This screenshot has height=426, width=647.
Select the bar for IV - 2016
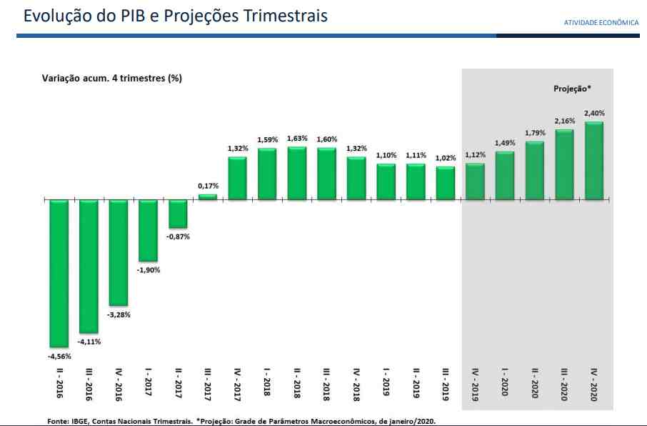point(118,252)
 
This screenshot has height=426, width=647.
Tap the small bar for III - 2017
point(207,196)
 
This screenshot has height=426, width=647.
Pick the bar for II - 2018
point(296,173)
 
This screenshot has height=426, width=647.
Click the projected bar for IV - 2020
point(593,161)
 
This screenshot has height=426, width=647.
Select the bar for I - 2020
point(504,175)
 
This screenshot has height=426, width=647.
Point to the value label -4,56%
point(59,355)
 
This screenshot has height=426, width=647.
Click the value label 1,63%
point(296,139)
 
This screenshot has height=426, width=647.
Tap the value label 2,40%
point(594,114)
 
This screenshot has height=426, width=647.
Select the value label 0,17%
point(208,186)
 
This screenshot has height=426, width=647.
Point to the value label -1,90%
point(149,270)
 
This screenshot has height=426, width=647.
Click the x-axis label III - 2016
point(89,383)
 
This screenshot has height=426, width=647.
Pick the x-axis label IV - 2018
point(356,383)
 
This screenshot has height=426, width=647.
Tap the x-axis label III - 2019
point(445,383)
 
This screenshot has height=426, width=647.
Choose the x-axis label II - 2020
point(534,383)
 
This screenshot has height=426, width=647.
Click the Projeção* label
point(573,89)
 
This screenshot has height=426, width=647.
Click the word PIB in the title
point(134,16)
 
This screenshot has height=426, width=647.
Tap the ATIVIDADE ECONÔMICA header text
point(601,22)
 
